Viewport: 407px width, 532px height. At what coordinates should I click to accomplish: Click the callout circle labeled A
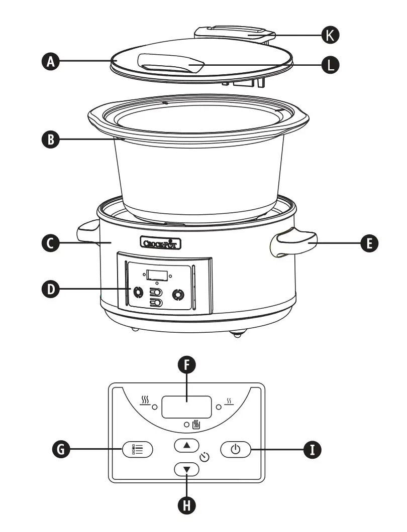click(50, 62)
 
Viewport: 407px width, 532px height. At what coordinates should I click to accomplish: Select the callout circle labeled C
click(50, 244)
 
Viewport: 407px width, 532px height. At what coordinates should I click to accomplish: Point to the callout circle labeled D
click(50, 289)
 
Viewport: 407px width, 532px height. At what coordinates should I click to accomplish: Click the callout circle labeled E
click(369, 244)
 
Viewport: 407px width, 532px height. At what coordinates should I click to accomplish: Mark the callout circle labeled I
click(313, 449)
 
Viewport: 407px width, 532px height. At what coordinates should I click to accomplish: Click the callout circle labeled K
click(330, 35)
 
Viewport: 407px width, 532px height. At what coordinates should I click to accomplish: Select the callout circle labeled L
click(330, 64)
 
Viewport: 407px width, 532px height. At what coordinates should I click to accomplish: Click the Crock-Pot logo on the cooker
click(160, 243)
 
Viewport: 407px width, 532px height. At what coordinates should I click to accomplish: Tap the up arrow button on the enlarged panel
click(187, 445)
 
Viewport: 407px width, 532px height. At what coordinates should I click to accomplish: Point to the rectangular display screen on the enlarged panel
click(186, 406)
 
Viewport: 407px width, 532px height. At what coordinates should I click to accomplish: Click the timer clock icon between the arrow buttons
click(204, 457)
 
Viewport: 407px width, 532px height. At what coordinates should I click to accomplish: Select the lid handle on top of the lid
click(171, 65)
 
